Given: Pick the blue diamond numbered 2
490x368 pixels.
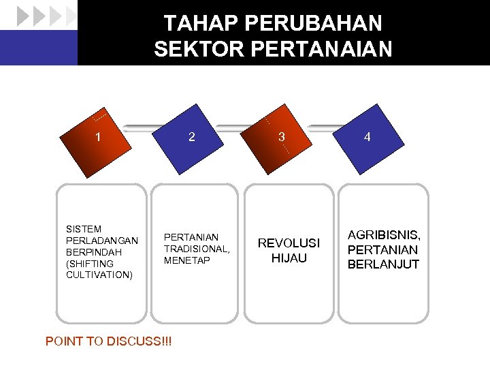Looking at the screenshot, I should point(193,137).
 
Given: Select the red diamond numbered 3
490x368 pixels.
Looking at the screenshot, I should point(280,137).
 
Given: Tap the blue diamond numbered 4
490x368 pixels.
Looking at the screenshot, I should point(367,137).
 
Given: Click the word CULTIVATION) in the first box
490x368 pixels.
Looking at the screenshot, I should point(99,275).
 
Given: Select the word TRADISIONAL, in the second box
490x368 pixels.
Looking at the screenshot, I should point(197,249).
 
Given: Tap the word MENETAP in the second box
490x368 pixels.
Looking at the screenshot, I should point(187,260).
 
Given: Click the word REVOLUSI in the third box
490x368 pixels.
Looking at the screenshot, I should point(289,244).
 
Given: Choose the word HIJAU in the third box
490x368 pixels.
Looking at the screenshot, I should point(289,258).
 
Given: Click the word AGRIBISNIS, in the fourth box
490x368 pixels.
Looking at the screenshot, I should point(384,235).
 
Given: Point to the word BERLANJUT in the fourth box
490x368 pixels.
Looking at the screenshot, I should point(383,264).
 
